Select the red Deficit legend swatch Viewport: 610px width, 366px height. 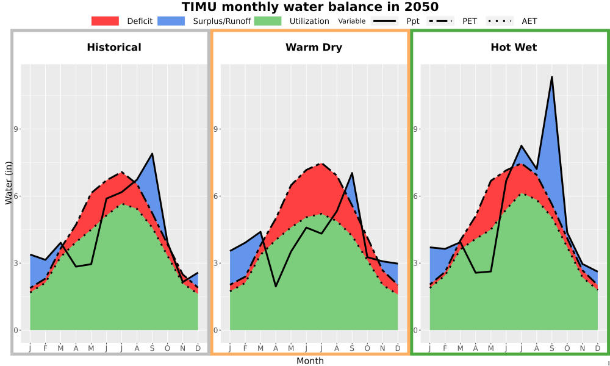click(105, 21)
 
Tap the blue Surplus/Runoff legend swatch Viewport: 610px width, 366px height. click(171, 21)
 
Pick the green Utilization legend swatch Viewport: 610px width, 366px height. click(268, 21)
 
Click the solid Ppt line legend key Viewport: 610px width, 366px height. click(384, 21)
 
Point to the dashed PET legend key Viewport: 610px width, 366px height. click(440, 21)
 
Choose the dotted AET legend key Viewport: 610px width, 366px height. click(500, 21)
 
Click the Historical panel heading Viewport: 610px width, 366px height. click(114, 48)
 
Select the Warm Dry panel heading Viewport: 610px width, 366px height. click(314, 48)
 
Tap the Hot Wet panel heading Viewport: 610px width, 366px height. click(514, 48)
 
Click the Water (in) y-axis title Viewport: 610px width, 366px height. click(9, 183)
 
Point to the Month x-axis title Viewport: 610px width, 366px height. click(310, 361)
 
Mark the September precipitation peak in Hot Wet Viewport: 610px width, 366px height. click(551, 77)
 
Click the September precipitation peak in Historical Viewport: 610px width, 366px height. click(152, 154)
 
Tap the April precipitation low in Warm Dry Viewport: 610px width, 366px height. click(276, 287)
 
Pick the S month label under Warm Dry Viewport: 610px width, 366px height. click(352, 348)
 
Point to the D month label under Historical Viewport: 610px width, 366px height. click(198, 348)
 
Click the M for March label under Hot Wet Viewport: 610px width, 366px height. click(460, 348)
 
